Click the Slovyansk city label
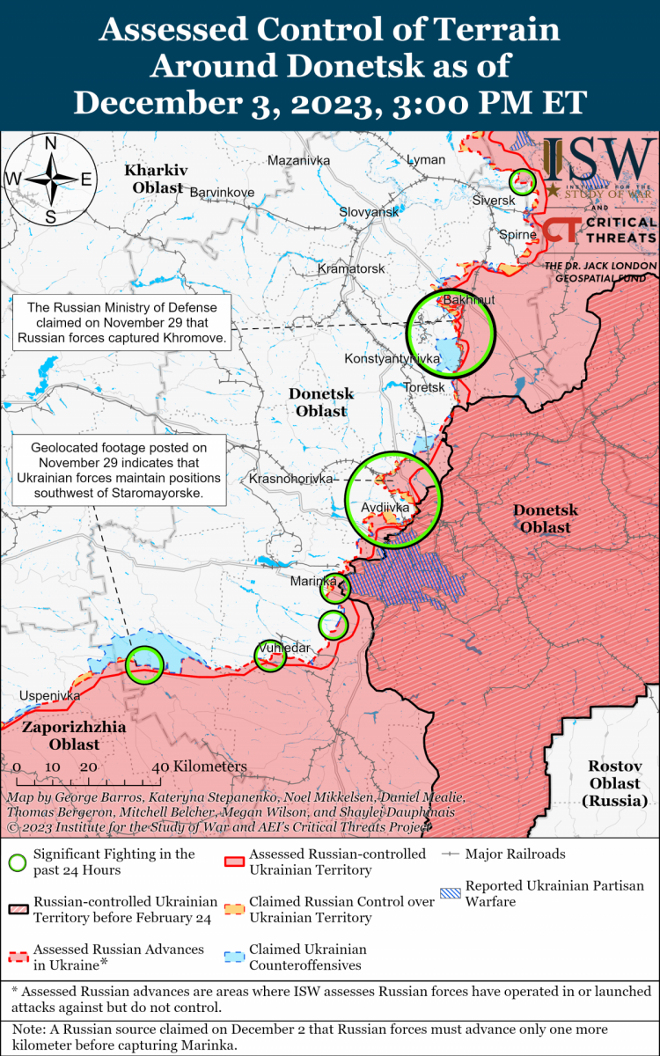click(x=369, y=212)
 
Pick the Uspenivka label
click(x=50, y=695)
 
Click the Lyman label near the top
click(x=426, y=159)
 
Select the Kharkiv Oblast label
click(x=153, y=178)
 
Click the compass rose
click(x=51, y=180)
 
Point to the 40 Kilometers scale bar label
click(x=200, y=766)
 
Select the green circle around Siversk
click(x=523, y=182)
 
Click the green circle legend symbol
click(x=18, y=862)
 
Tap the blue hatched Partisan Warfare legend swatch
click(x=450, y=893)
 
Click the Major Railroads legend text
click(x=515, y=854)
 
